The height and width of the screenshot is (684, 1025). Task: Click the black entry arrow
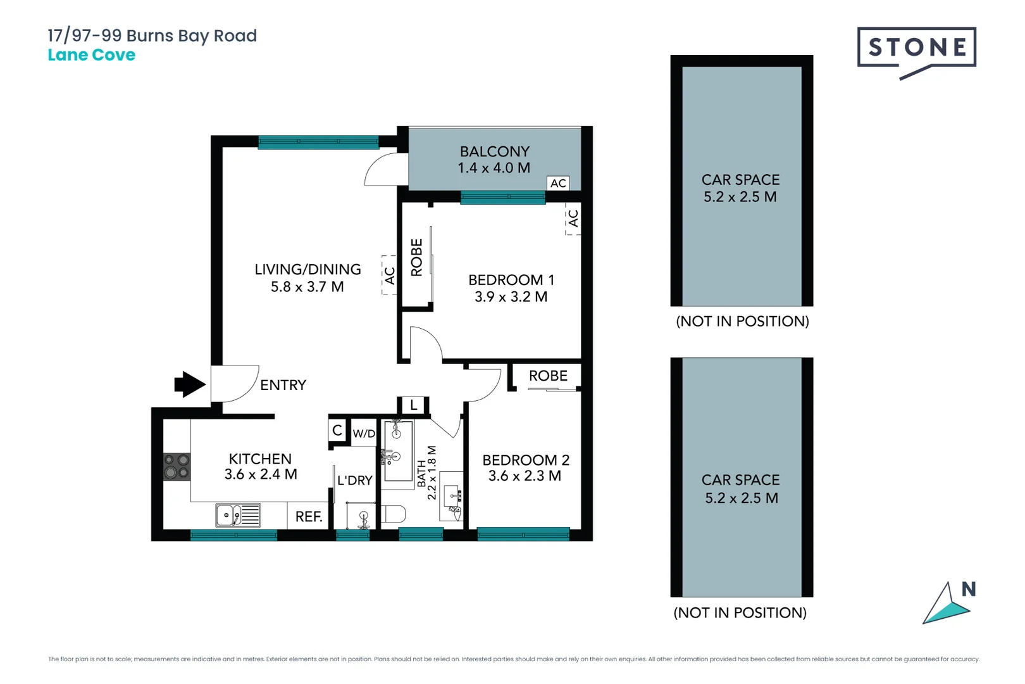coord(189,384)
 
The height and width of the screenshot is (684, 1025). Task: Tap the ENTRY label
coord(283,385)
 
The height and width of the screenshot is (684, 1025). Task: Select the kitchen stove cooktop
coord(177,467)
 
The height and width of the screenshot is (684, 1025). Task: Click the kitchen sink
coord(237,516)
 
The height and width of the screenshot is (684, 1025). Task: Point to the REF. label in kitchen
coord(309,517)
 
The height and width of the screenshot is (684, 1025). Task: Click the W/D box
coord(364,433)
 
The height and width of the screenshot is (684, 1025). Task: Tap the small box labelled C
coord(337,431)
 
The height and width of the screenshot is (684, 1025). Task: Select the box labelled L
coord(413,405)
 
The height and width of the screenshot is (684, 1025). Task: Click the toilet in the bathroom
coord(393,514)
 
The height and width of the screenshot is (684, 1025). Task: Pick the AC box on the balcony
coord(558,183)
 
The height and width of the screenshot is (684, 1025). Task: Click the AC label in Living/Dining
coord(389,275)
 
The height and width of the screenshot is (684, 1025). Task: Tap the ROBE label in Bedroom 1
coord(416,257)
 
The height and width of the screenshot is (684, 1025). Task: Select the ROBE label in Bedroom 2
coord(548,376)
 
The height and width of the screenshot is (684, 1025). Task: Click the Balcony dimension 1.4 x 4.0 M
coord(494,168)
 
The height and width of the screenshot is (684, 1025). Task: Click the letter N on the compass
coord(968,590)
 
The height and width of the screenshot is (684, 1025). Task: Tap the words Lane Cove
coord(92,55)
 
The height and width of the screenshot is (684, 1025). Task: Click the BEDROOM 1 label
coord(511,280)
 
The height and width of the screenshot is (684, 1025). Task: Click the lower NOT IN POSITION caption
coord(740,612)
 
